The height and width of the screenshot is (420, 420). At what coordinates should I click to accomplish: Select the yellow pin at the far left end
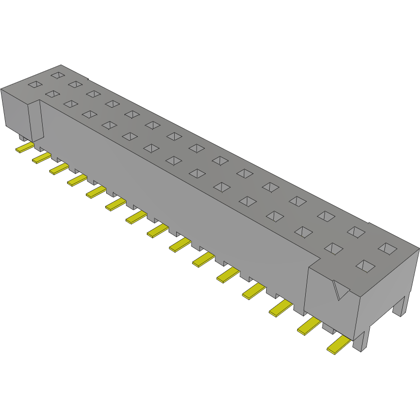point(24,147)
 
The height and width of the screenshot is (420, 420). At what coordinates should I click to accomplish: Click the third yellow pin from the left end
point(59,169)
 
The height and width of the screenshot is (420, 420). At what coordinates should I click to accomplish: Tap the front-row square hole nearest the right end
point(365,266)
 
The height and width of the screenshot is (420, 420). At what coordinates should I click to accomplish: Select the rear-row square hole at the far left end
point(57,75)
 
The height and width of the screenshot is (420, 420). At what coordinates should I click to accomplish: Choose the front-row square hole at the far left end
point(35,85)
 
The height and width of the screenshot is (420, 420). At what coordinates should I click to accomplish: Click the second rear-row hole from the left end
point(75,84)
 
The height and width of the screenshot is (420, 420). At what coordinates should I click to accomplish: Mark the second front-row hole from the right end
point(333,248)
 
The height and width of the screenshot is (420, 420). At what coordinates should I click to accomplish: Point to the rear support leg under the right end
point(402,305)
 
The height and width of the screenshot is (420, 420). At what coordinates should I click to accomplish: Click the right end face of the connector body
point(391,284)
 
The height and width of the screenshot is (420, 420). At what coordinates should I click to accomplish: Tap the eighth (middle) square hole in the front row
point(173,160)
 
